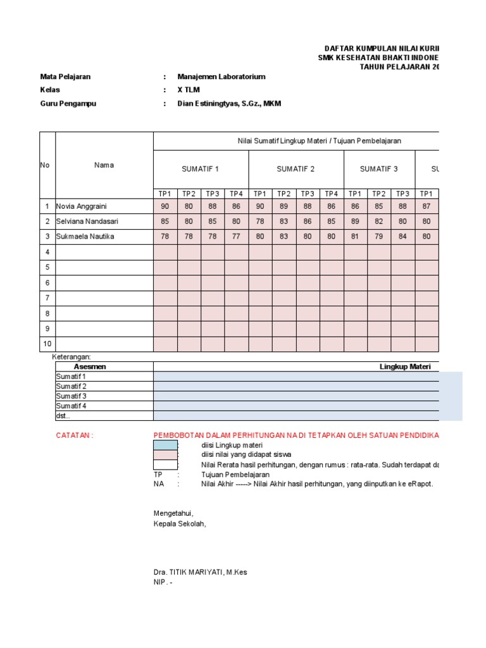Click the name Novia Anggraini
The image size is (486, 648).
(x=81, y=206)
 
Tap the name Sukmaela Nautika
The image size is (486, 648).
(x=85, y=237)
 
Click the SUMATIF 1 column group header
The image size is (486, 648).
(x=201, y=169)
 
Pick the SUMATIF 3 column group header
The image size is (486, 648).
(x=378, y=169)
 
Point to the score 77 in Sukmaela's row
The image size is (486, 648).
(x=236, y=237)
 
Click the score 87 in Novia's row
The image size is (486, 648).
(x=427, y=206)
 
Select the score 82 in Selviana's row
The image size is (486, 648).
(x=378, y=221)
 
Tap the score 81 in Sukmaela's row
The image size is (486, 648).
(x=355, y=237)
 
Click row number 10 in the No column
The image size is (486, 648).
(x=47, y=344)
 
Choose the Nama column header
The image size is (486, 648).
(x=104, y=165)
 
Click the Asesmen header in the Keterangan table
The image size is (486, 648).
(x=90, y=366)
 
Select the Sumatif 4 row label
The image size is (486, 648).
(x=71, y=406)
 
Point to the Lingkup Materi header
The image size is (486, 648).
(x=405, y=366)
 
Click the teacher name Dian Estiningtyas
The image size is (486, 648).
(x=229, y=104)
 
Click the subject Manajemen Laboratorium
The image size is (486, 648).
(x=221, y=77)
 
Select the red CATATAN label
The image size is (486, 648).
(x=75, y=435)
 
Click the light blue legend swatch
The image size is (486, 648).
(x=165, y=445)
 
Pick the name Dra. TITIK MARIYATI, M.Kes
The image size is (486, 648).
(x=200, y=572)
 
